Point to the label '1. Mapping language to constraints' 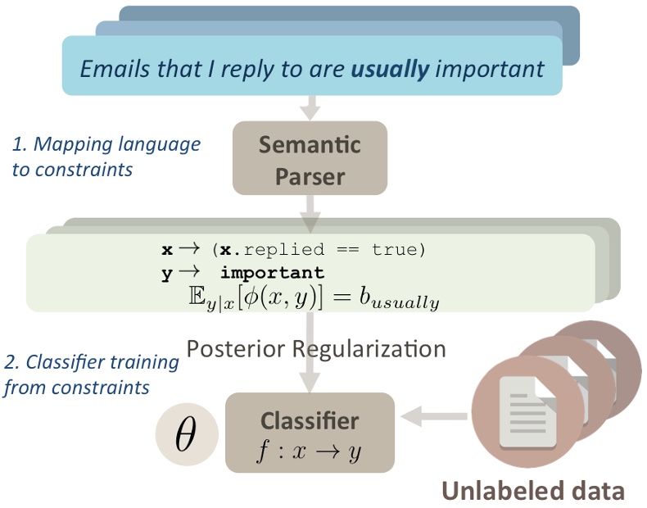106,156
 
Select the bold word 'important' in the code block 272,272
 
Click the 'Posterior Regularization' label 316,348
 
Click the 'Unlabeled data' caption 533,489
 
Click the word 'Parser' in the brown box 310,175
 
